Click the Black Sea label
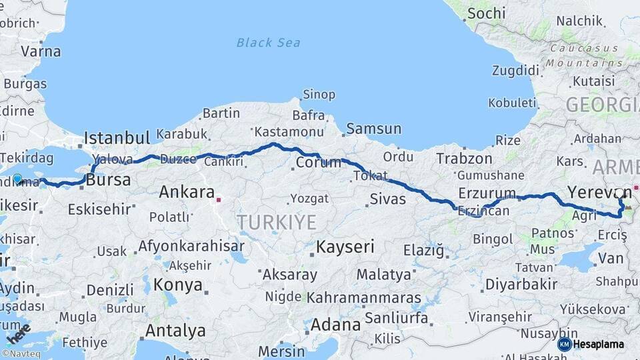pos(268,43)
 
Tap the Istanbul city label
pos(117,139)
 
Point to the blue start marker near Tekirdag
pos(17,179)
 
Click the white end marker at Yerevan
pos(619,193)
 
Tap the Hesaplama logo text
pos(600,344)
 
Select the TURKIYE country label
pos(277,222)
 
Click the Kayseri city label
pos(345,247)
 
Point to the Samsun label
pos(373,129)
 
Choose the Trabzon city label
pos(464,159)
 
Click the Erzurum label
pos(487,194)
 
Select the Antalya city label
pos(175,330)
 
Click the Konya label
pos(177,285)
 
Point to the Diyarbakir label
pos(521,284)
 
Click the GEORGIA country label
pos(602,105)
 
